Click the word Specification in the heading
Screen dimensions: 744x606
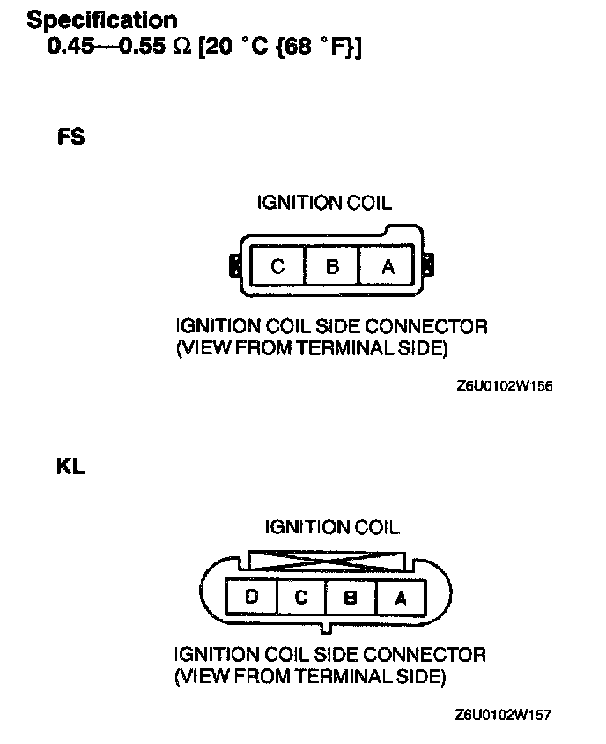102,19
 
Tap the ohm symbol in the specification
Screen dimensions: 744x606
181,47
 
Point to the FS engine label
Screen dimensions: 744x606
71,138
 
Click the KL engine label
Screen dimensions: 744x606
70,467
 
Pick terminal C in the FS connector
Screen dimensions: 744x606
277,265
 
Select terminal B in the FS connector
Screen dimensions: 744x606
332,265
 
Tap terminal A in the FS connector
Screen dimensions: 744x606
388,265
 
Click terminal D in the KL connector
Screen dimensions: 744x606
252,598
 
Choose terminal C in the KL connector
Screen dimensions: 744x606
301,598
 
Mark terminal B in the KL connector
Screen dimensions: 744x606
351,598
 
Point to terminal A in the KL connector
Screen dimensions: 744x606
400,598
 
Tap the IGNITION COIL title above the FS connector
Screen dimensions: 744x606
324,204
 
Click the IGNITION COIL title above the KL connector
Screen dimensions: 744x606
331,527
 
